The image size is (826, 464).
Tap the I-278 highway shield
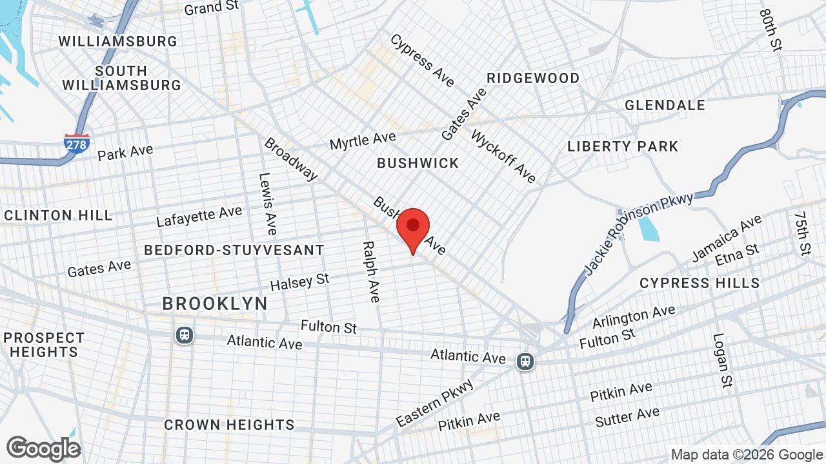pos(76,143)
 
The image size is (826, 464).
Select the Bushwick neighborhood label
pos(418,163)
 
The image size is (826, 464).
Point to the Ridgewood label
pos(533,78)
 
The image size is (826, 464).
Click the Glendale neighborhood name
pos(665,105)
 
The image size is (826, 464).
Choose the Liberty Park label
pos(623,146)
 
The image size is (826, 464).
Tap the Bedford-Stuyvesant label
pos(234,250)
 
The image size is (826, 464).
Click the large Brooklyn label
pos(215,304)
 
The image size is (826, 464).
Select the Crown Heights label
pos(229,425)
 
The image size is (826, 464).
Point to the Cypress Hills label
pos(700,283)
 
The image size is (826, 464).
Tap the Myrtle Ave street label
pos(363,140)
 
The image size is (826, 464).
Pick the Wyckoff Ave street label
pos(503,156)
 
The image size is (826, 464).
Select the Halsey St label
pos(299,282)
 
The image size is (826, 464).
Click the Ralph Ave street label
pos(370,271)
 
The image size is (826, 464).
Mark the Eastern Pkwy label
pos(435,403)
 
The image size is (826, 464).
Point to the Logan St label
pos(722,360)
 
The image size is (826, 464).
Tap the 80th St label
pos(771,30)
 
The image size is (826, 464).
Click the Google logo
pos(43,449)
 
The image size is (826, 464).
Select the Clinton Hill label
pos(58,215)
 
